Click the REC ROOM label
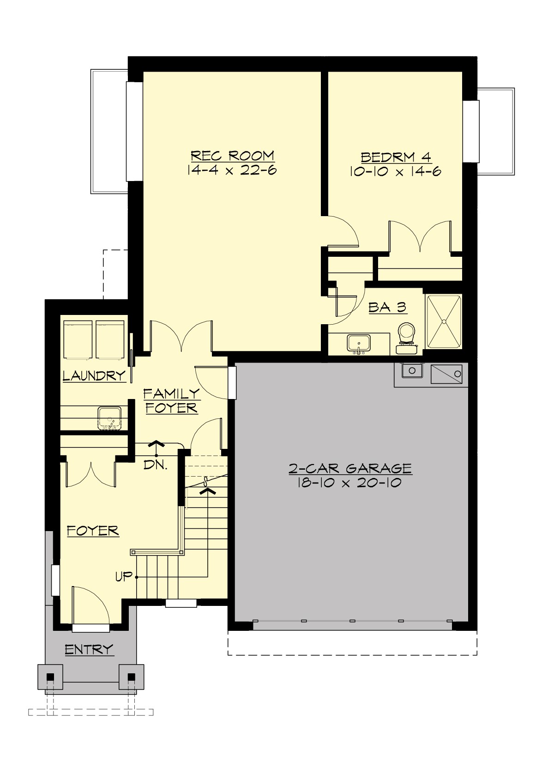(x=232, y=156)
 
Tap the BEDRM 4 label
(x=396, y=157)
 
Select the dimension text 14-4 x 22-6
(x=232, y=170)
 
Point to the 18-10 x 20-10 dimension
(x=349, y=483)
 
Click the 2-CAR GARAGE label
(x=350, y=469)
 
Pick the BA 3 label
(x=387, y=308)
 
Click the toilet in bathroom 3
(x=407, y=335)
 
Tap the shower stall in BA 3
(x=443, y=321)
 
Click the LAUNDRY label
(x=94, y=376)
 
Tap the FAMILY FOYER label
(x=171, y=401)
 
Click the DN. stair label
(x=155, y=465)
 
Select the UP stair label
(x=123, y=577)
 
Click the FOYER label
(x=93, y=531)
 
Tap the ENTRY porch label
(x=89, y=650)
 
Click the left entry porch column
(x=50, y=677)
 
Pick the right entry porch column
(x=132, y=677)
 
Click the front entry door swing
(x=90, y=607)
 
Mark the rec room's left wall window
(x=134, y=132)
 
